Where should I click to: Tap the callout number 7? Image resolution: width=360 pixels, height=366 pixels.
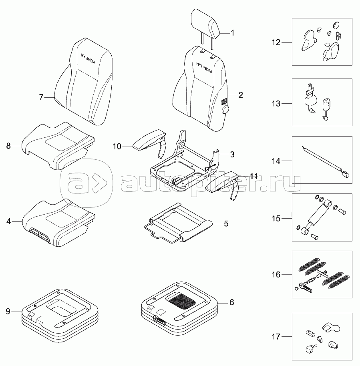coord(41,97)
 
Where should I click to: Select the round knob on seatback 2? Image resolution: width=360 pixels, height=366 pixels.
coord(225,109)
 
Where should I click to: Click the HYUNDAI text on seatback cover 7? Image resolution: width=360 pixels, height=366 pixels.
coord(88,59)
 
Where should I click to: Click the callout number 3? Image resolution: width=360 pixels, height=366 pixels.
coord(232,154)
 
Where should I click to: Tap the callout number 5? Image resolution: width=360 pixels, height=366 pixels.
coord(226,223)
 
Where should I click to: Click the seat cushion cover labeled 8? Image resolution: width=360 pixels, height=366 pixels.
coord(58,145)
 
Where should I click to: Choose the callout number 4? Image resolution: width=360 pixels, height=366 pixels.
coord(9,221)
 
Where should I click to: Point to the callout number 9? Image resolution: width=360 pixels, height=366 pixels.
coord(8,312)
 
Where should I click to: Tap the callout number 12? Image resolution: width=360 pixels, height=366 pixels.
coord(276,42)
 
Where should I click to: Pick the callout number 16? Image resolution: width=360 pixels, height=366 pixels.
coord(276,274)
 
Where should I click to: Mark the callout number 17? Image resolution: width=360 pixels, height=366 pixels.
coord(276,336)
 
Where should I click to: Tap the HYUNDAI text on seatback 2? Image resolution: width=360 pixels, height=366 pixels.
coord(204,68)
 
